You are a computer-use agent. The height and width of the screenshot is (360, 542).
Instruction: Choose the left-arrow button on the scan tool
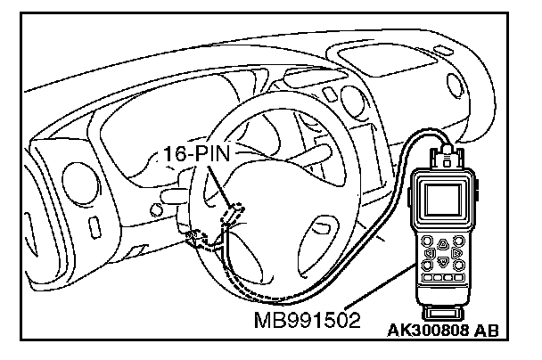pos(430,252)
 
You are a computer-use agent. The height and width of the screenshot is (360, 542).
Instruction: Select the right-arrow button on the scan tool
pos(456,253)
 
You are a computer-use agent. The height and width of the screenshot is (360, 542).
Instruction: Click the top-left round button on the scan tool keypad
pos(429,241)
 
